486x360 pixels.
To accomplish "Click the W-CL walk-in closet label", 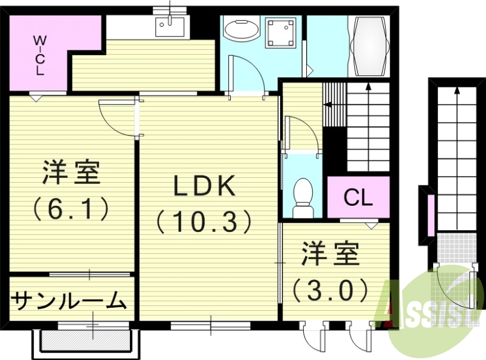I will tap(39, 54).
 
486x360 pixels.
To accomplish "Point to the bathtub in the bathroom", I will tap(369, 42).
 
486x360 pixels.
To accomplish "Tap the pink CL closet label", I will tap(358, 198).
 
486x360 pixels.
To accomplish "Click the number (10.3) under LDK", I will tap(204, 221).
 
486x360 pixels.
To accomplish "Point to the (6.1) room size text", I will tap(70, 208).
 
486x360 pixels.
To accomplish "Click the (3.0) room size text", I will tap(331, 290).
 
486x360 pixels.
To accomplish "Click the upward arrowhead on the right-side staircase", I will tap(456, 91).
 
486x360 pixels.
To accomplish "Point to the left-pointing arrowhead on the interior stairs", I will tap(328, 104).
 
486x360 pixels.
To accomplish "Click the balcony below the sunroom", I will tap(85, 341).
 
